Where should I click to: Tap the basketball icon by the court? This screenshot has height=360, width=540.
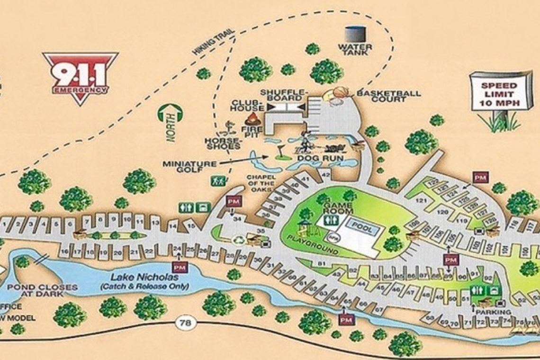click(339, 92)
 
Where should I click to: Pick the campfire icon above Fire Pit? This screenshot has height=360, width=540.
click(252, 117)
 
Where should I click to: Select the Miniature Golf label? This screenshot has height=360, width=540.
click(189, 167)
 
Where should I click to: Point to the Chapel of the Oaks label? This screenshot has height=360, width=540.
click(261, 183)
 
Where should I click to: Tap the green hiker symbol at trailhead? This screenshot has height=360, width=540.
click(217, 180)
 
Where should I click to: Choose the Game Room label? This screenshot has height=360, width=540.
click(338, 208)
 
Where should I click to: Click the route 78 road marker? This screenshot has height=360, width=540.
click(183, 324)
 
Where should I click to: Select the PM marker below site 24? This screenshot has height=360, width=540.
click(180, 267)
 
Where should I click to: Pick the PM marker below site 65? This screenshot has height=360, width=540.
click(347, 320)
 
